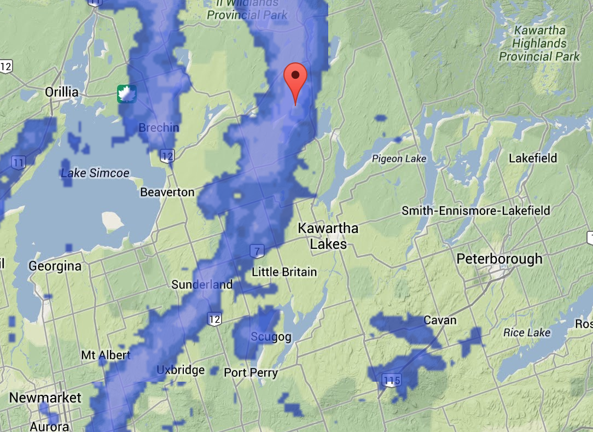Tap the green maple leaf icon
click(x=127, y=94)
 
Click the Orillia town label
click(x=61, y=92)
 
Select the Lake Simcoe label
click(x=95, y=173)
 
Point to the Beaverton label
click(x=167, y=192)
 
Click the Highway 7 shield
click(x=256, y=251)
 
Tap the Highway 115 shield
click(x=392, y=380)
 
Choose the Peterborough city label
click(x=499, y=259)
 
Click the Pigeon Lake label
click(x=399, y=159)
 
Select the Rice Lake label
click(x=527, y=332)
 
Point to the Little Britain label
click(x=284, y=272)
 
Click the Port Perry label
click(x=251, y=373)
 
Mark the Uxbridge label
click(x=181, y=370)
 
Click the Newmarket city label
click(x=45, y=398)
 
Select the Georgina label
click(x=55, y=266)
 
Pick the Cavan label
click(x=440, y=320)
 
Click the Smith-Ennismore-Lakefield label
click(x=476, y=211)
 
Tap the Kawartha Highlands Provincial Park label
click(x=539, y=43)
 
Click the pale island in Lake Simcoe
click(x=113, y=220)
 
